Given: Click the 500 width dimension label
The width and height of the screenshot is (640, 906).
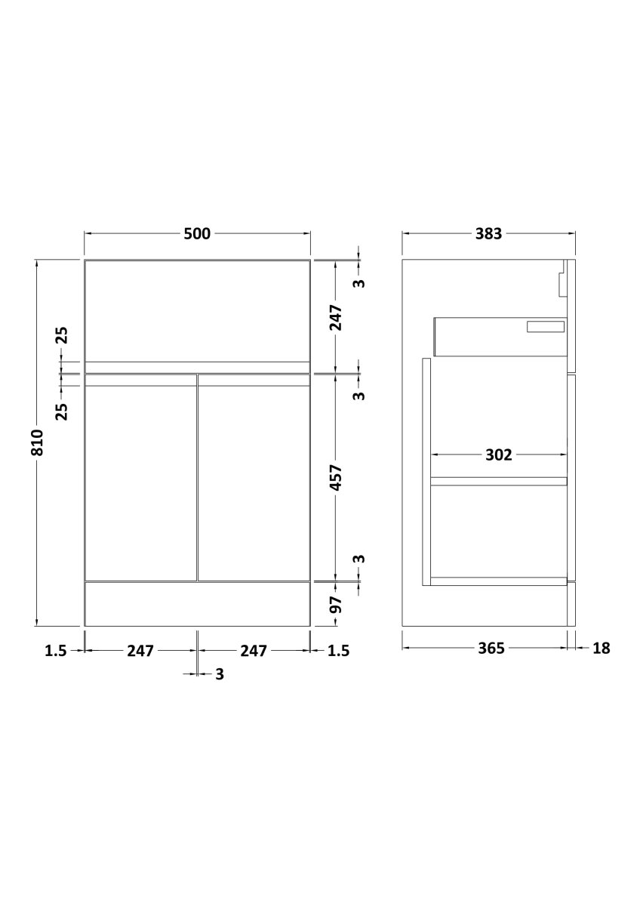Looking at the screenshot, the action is click(x=197, y=234).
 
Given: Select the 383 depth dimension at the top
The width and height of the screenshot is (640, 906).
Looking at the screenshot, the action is click(x=488, y=234).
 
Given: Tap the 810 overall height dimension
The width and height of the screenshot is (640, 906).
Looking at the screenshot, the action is click(x=37, y=442).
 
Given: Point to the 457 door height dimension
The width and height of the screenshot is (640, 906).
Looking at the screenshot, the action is click(x=336, y=478).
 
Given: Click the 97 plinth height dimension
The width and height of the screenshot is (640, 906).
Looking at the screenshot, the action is click(x=336, y=604).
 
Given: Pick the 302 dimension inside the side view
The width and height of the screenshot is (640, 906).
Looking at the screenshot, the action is click(x=499, y=455).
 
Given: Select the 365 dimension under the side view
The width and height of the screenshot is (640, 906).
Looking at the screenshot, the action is click(x=491, y=649).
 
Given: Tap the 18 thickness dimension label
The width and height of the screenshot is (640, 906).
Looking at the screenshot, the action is click(x=602, y=649).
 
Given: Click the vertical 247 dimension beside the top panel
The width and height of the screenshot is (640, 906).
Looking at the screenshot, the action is click(x=336, y=318).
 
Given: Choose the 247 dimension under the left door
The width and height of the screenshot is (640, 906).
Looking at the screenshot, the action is click(x=140, y=651).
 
